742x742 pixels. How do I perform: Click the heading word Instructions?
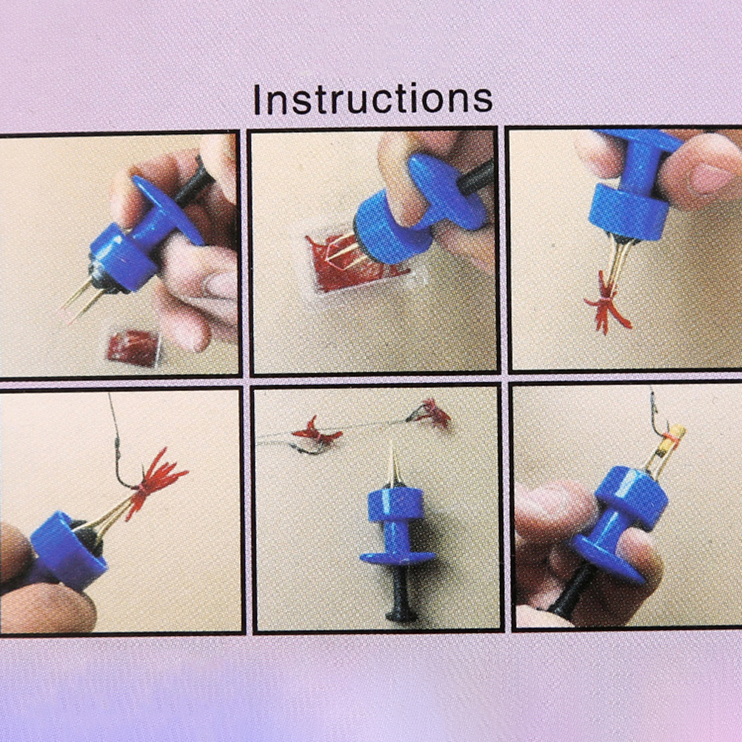click(x=373, y=99)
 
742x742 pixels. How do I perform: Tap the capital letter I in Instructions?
click(x=258, y=99)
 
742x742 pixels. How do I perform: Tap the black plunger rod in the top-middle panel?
click(x=475, y=178)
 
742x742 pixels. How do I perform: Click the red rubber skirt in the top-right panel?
click(x=605, y=304)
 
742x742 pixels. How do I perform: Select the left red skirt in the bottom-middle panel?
click(x=316, y=432)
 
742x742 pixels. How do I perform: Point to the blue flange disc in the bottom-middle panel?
click(x=398, y=557)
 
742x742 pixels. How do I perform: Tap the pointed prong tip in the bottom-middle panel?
click(x=392, y=447)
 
